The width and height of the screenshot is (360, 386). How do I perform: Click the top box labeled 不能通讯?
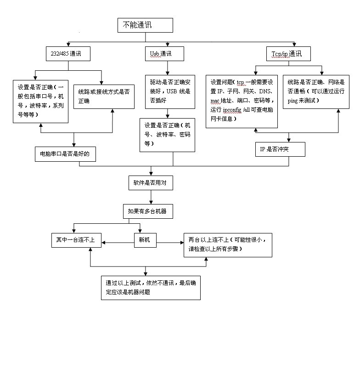[x=145, y=25]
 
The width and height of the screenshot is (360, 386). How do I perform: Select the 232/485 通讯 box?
[x=68, y=54]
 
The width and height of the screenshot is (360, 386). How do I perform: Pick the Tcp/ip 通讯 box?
[x=288, y=54]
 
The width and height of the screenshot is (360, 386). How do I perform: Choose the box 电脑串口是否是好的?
[x=65, y=154]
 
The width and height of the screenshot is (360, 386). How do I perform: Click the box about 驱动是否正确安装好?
[x=170, y=91]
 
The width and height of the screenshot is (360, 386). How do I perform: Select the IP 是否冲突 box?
[x=280, y=149]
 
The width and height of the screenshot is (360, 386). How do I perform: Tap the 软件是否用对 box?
[x=151, y=182]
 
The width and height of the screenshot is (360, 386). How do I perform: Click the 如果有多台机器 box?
[x=147, y=211]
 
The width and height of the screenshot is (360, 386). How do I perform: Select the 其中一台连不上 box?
[x=76, y=240]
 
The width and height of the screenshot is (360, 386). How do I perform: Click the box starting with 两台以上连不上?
[x=228, y=244]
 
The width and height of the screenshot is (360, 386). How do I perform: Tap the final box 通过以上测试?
[x=151, y=287]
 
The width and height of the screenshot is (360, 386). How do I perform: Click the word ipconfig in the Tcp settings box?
[x=232, y=111]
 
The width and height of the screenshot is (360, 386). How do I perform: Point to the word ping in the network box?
[x=293, y=100]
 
